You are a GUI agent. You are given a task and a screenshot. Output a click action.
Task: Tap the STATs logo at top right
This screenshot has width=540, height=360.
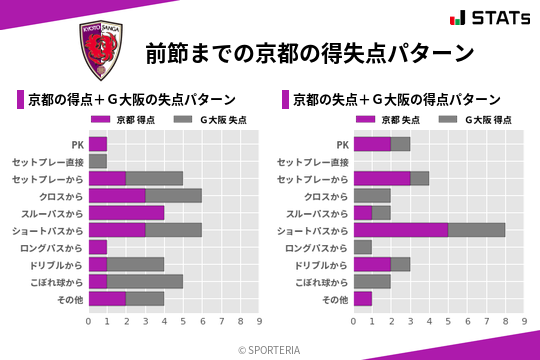489,17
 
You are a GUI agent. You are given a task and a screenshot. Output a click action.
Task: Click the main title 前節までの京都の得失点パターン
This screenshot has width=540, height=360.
309,52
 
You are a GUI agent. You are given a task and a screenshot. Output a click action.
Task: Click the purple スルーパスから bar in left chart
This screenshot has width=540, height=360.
126,213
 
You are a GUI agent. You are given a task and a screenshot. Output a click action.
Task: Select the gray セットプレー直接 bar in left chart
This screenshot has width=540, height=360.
98,161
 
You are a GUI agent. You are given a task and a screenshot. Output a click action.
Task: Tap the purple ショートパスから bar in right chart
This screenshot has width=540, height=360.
400,230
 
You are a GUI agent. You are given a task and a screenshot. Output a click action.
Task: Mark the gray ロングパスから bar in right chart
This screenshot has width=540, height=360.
362,247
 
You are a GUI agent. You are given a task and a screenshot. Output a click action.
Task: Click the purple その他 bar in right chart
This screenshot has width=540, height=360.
362,299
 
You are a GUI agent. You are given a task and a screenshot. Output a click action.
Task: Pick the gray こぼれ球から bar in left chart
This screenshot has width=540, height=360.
145,282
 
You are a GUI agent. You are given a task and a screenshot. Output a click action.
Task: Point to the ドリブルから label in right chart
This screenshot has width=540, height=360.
319,265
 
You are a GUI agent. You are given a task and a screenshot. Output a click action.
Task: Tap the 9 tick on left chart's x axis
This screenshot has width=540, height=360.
259,322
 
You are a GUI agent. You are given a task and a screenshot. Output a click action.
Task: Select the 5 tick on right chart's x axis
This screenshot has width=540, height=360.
448,322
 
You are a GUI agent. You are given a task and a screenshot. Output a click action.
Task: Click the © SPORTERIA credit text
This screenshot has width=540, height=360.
270,349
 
